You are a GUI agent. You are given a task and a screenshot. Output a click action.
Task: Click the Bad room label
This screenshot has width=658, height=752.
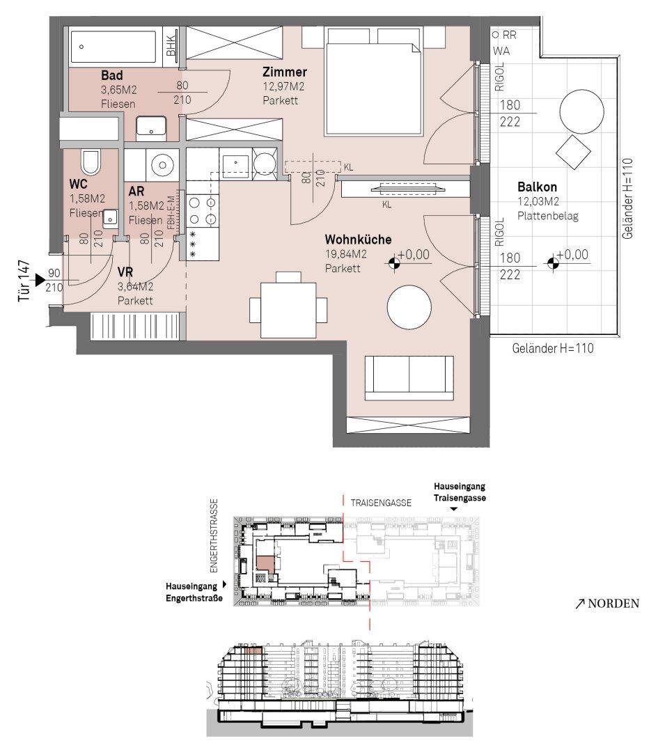pyautogui.click(x=111, y=75)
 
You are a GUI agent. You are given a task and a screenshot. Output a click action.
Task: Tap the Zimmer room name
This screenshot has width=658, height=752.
pyautogui.click(x=284, y=72)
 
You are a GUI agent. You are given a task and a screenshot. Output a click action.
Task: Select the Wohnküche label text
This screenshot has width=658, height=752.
pyautogui.click(x=358, y=240)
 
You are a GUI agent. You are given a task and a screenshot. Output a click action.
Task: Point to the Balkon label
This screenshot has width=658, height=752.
pyautogui.click(x=537, y=187)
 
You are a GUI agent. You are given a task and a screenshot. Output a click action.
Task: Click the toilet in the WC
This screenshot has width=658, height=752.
pyautogui.click(x=90, y=163)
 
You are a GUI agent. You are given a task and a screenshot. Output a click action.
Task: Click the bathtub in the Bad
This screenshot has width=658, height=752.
pyautogui.click(x=113, y=47)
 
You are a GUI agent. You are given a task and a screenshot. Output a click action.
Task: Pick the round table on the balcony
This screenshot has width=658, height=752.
pyautogui.click(x=581, y=111)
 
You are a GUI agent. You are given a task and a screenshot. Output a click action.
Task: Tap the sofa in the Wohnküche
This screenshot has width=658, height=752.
pyautogui.click(x=409, y=377)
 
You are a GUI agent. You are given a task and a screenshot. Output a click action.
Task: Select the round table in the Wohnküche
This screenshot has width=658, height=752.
pyautogui.click(x=409, y=307)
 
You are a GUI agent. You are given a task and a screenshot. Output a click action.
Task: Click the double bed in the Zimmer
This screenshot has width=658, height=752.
pyautogui.click(x=373, y=81)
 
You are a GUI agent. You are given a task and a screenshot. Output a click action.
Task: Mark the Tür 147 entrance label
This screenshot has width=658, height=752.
pyautogui.click(x=24, y=281)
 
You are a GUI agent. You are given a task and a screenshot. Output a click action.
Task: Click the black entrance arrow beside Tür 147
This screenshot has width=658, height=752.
pyautogui.click(x=40, y=280)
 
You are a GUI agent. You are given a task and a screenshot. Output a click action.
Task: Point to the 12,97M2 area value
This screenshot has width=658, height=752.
pyautogui.click(x=283, y=87)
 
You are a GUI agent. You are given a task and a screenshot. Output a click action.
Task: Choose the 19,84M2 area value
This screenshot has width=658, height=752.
pyautogui.click(x=346, y=254)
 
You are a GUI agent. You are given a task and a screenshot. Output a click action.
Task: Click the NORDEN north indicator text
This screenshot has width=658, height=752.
pyautogui.click(x=613, y=604)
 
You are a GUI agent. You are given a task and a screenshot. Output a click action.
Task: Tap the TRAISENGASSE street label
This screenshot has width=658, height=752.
pyautogui.click(x=381, y=503)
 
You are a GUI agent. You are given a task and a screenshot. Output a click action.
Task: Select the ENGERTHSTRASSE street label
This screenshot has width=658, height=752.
pyautogui.click(x=214, y=535)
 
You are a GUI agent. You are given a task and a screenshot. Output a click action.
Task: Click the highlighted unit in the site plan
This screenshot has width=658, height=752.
pyautogui.click(x=265, y=563)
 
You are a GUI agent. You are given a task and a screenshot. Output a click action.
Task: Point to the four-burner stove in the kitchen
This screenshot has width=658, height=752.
pyautogui.click(x=203, y=211)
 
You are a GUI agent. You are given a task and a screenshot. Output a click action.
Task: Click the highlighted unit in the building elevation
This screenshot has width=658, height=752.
pyautogui.click(x=253, y=651)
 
